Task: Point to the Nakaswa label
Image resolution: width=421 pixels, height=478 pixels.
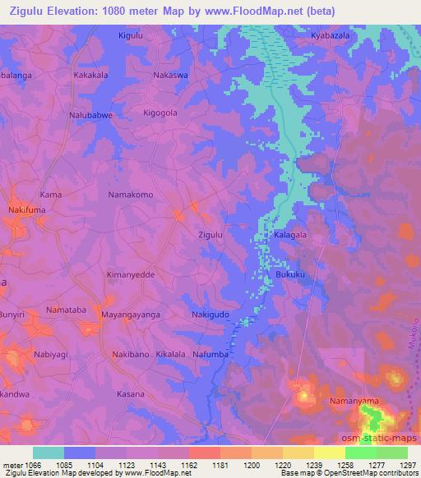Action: coord(170,74)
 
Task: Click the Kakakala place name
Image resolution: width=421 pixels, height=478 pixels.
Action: coord(92,74)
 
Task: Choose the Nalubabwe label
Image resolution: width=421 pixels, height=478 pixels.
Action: coord(91,116)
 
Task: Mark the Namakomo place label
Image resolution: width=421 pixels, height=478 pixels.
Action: coord(131,195)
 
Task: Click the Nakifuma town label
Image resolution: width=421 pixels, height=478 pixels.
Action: coord(27,210)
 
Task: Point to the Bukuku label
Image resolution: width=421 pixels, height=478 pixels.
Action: coord(291,274)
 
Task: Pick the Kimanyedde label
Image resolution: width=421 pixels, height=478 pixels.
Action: coord(131,274)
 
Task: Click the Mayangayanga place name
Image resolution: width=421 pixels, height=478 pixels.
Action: coord(130,315)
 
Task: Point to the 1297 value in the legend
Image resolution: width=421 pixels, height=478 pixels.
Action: coord(409,464)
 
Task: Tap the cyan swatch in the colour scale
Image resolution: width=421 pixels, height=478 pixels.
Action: coord(49,453)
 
